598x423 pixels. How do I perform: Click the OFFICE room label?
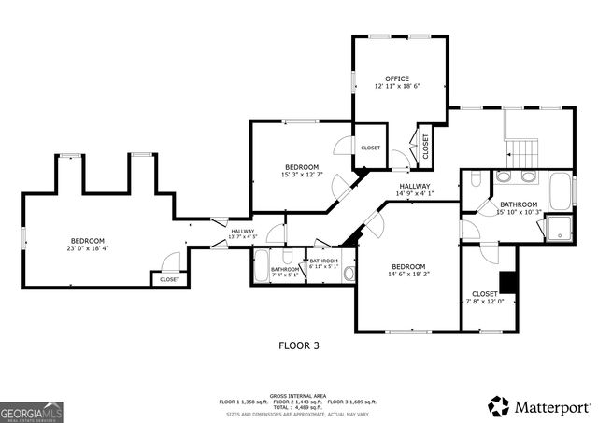point(397,78)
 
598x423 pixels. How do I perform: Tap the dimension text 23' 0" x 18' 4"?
point(87,248)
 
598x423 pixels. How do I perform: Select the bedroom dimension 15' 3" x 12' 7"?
point(302,175)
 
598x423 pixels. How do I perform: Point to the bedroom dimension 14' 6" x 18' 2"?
point(408,274)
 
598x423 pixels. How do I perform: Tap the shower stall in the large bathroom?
point(559,227)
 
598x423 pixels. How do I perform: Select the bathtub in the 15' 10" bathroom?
point(561,190)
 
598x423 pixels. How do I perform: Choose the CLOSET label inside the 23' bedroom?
point(169,279)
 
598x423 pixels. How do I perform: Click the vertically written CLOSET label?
point(425,146)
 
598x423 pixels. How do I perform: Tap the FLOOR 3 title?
point(299,345)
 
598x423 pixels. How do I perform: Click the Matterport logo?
point(541,406)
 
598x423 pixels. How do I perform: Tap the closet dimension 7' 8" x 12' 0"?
point(486,301)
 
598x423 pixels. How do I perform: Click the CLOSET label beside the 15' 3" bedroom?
point(370,148)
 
